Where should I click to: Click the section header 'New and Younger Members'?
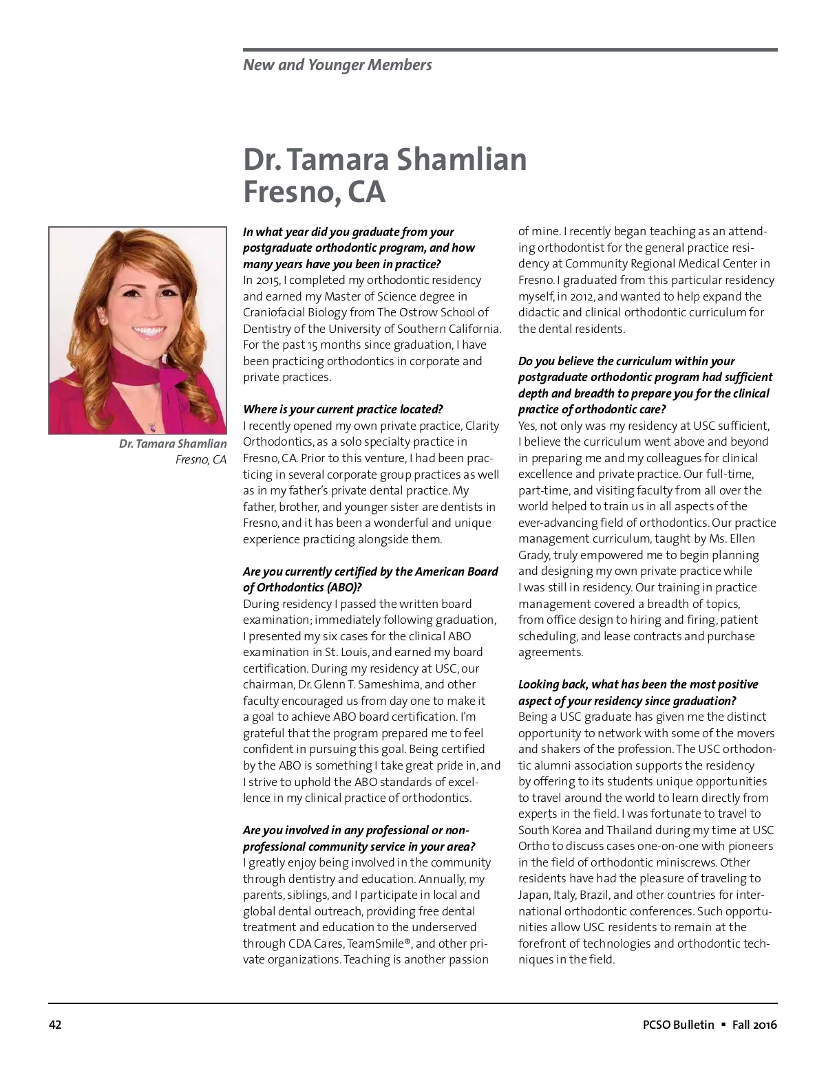(x=337, y=65)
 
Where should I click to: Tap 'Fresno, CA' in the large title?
(x=314, y=193)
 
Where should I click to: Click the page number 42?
(x=55, y=1025)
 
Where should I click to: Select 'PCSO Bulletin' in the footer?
(x=674, y=1025)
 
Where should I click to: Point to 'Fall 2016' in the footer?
(x=754, y=1025)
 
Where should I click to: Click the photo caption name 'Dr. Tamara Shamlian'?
(x=173, y=444)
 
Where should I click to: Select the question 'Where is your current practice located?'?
(x=343, y=410)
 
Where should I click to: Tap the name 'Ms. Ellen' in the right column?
(x=732, y=539)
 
